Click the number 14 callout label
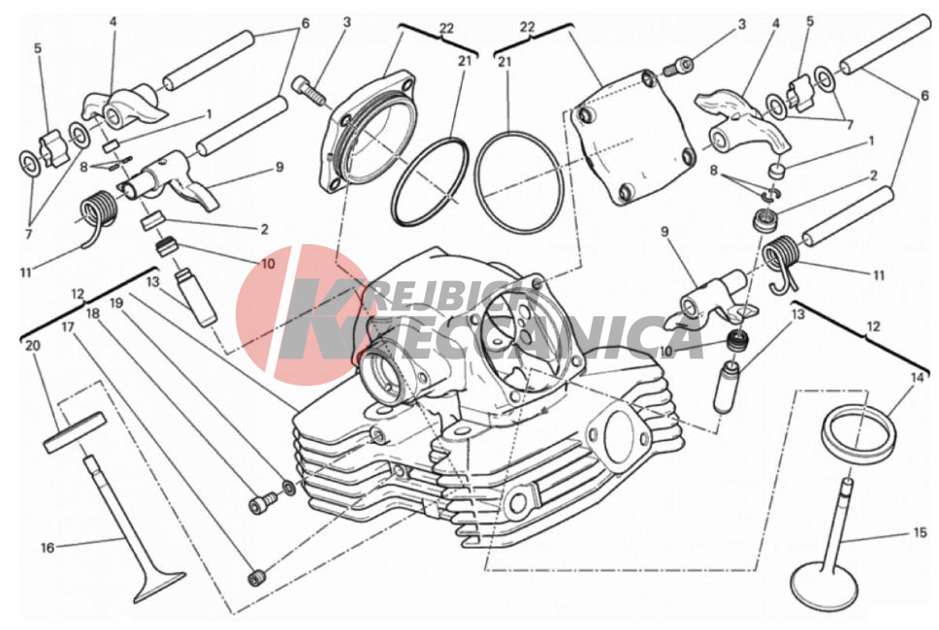[x=917, y=378]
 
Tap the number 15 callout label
[x=920, y=532]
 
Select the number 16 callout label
[x=48, y=548]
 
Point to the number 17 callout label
[x=68, y=328]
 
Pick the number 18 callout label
[x=92, y=313]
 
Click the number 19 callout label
[x=116, y=303]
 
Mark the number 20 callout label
[x=32, y=346]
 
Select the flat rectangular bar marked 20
[x=75, y=430]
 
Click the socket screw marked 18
[x=263, y=501]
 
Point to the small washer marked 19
[x=288, y=488]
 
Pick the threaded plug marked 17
[x=257, y=578]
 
